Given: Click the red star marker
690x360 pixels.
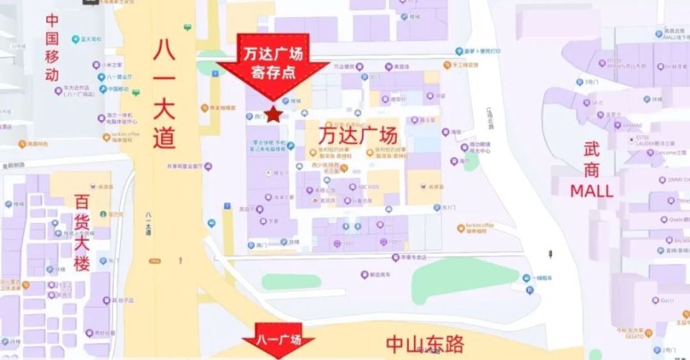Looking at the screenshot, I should [x=273, y=114].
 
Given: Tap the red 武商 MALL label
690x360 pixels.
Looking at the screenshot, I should [x=592, y=170].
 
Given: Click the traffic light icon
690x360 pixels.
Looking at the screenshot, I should [x=551, y=254].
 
